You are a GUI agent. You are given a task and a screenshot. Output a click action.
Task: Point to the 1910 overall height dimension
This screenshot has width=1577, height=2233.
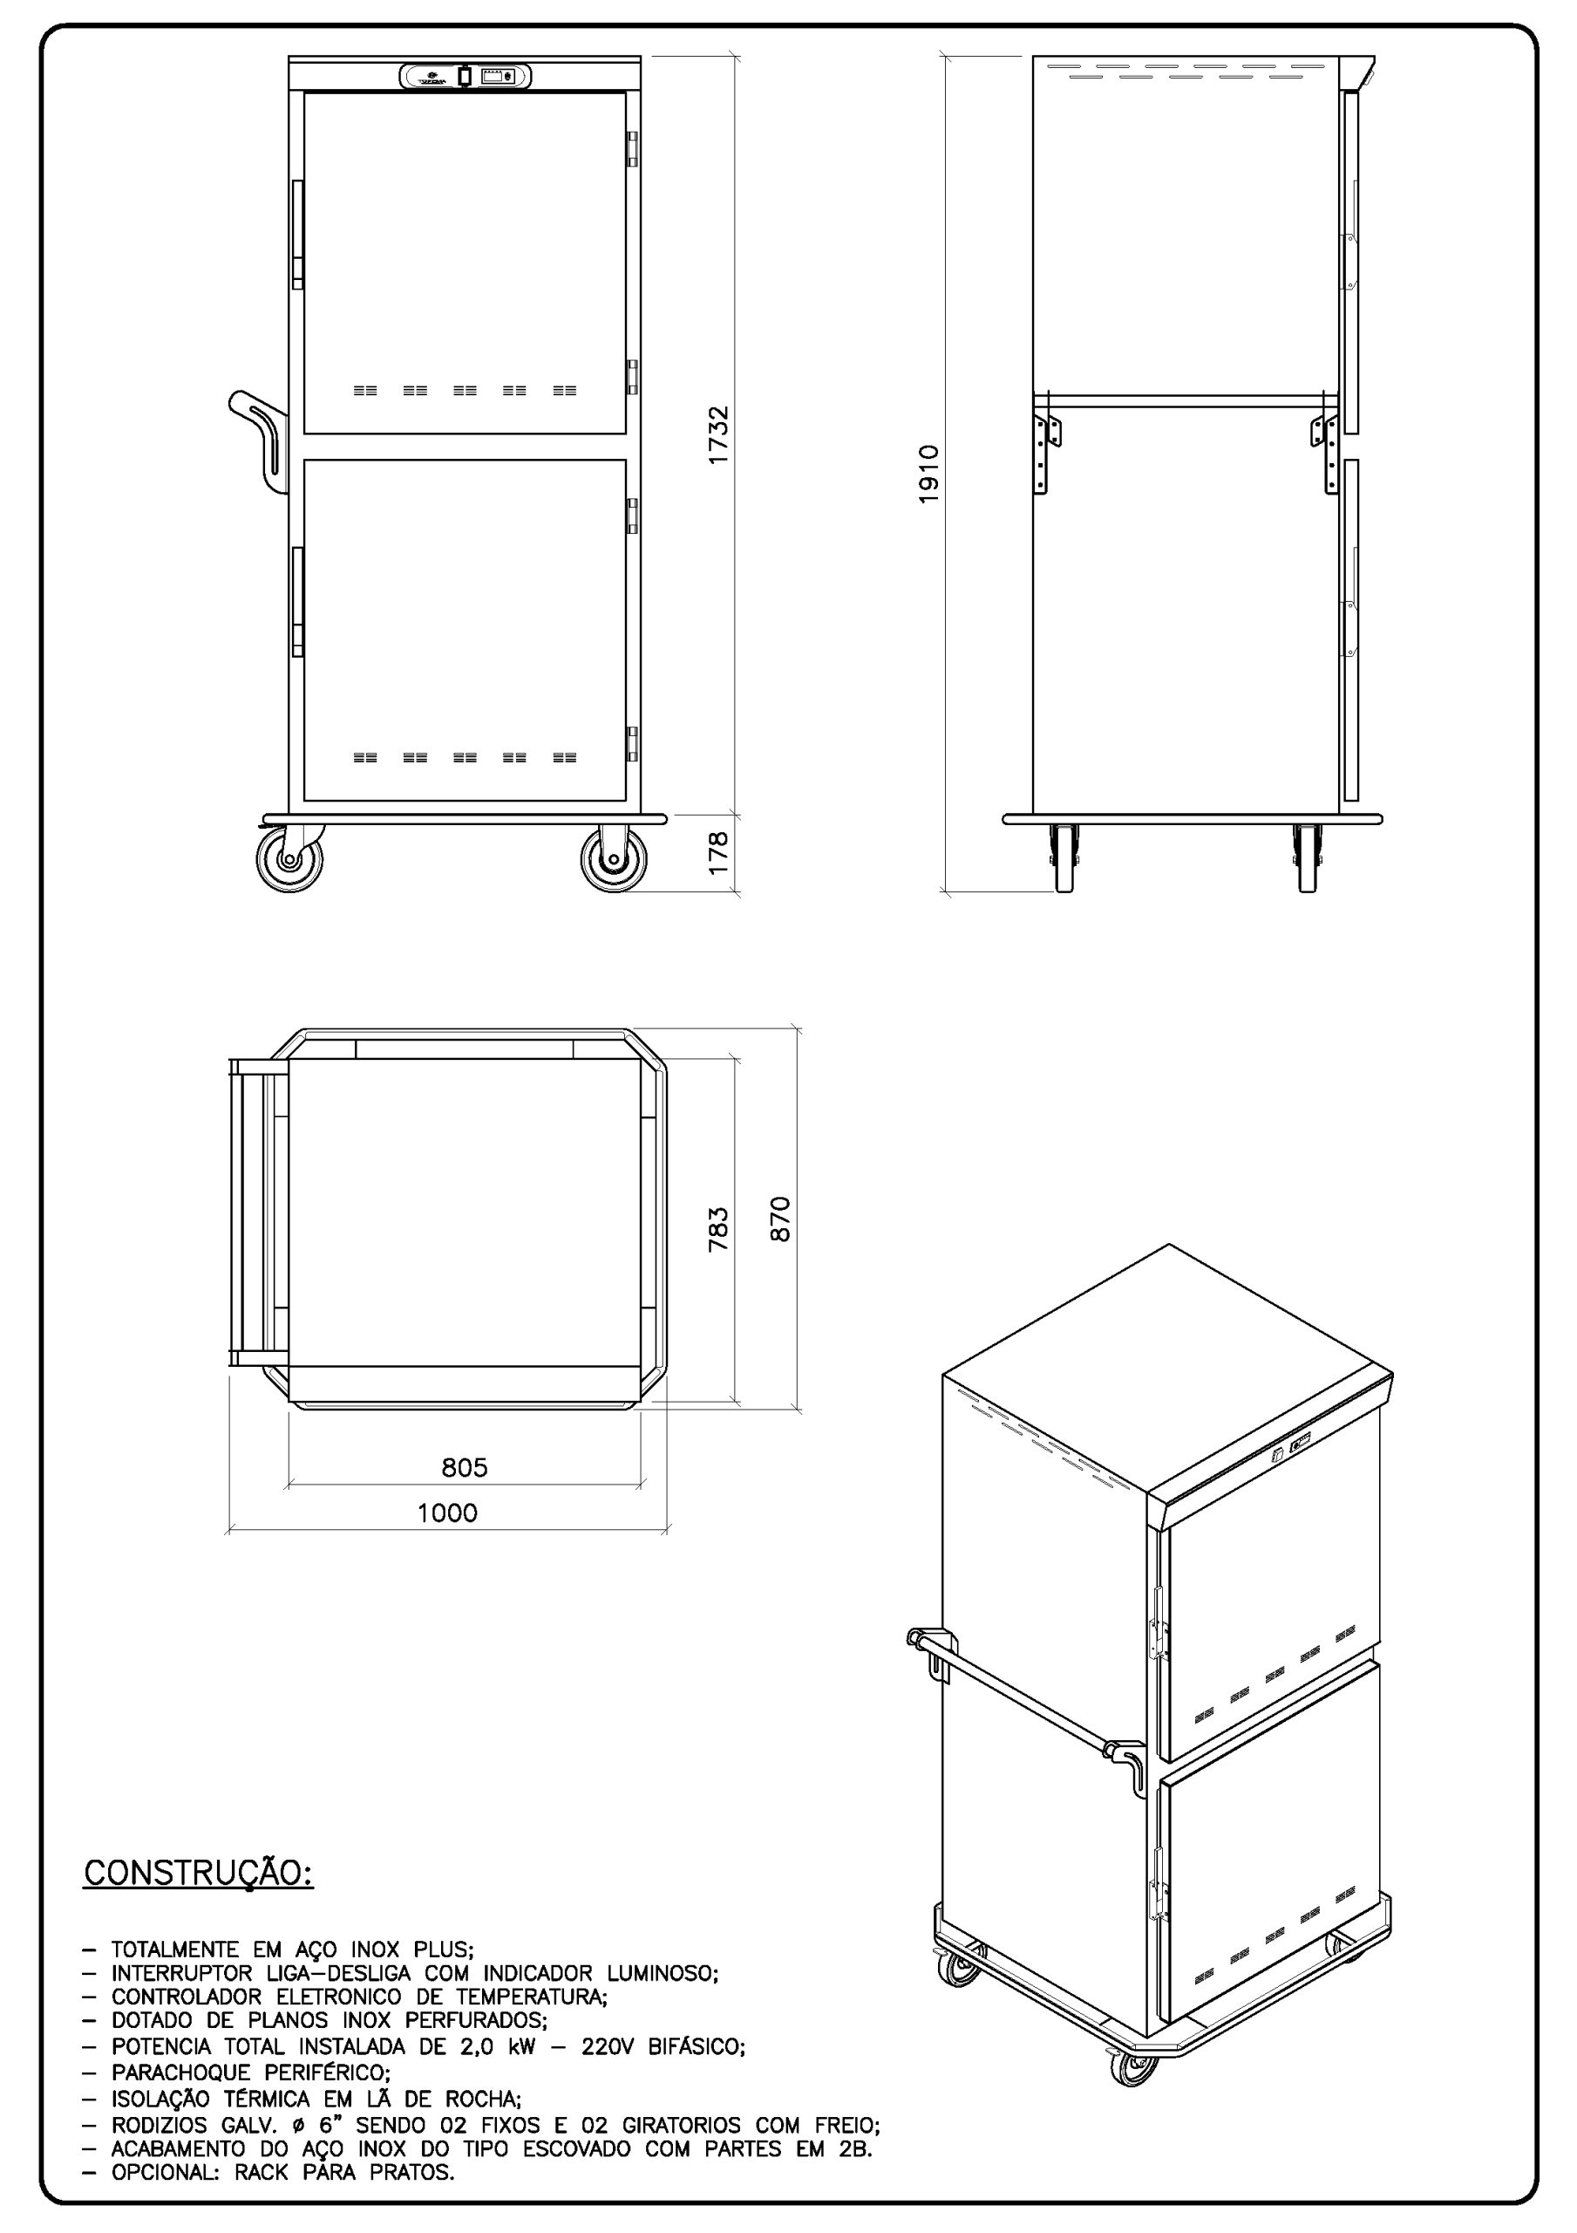(928, 474)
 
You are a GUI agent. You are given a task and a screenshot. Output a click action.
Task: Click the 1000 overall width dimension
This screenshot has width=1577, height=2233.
(447, 1513)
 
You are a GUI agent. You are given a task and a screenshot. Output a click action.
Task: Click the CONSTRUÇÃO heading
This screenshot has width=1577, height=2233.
(199, 1873)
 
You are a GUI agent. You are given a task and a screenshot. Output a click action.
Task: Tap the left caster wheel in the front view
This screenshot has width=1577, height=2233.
(289, 860)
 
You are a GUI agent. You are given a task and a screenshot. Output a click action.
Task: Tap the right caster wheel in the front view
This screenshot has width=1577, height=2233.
(614, 860)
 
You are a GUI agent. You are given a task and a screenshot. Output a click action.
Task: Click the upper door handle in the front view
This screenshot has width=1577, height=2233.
(298, 234)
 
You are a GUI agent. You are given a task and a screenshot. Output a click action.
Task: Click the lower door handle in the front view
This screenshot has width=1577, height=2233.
(298, 601)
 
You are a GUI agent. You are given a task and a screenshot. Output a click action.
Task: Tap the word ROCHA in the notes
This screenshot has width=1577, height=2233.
(478, 2099)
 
